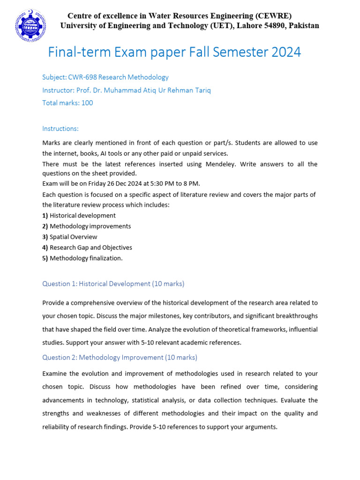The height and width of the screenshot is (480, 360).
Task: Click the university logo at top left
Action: pos(31,25)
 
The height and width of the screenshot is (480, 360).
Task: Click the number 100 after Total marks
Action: pos(87,103)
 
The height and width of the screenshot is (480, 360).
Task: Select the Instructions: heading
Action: pos(60,128)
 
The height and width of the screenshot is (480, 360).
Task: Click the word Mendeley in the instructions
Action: pos(221,164)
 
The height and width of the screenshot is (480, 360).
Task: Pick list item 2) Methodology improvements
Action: pos(86,226)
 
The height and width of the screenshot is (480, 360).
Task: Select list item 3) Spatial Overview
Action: pos(70,237)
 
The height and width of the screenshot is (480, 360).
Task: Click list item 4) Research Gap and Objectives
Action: pos(87,247)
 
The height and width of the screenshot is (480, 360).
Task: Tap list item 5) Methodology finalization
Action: pos(82,258)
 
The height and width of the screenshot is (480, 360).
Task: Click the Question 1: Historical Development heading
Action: pos(113,284)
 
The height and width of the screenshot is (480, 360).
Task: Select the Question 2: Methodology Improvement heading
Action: pos(120,358)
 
